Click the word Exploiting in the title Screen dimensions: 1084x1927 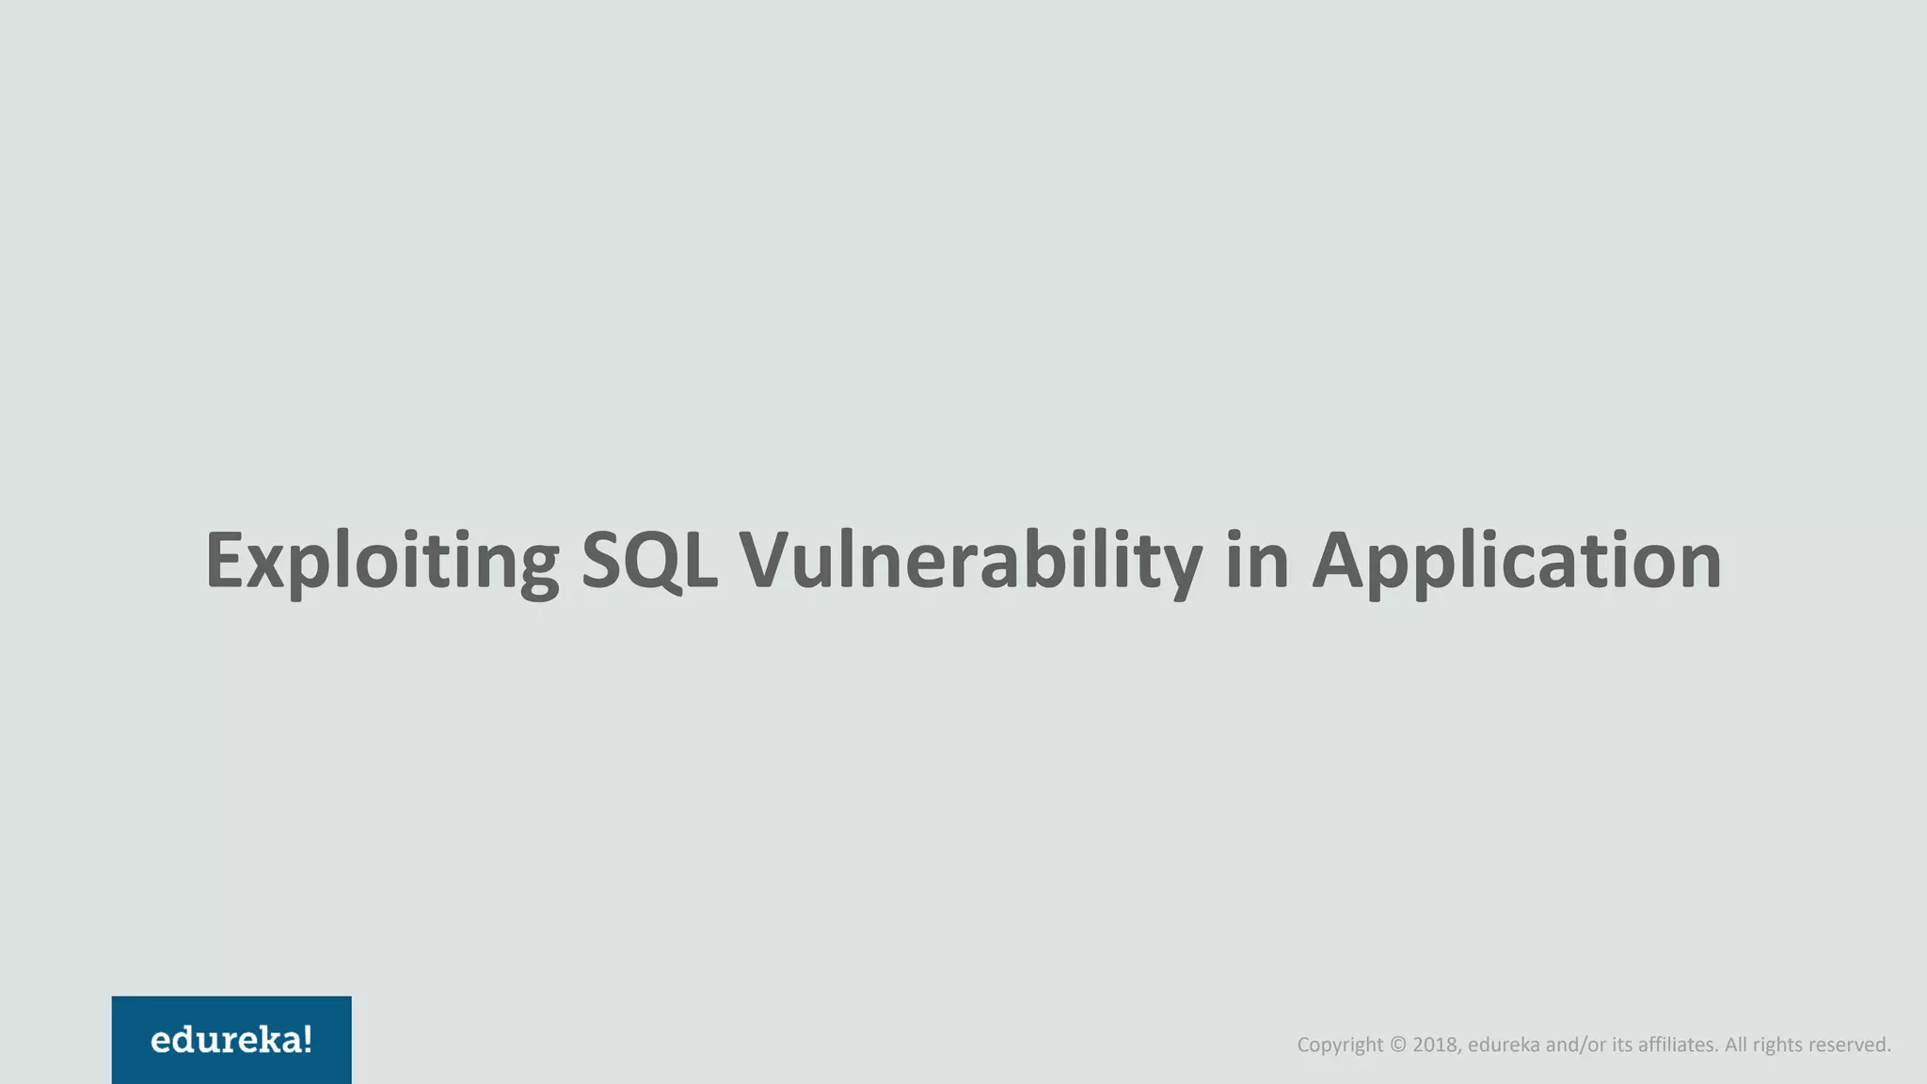382,561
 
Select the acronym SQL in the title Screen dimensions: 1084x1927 649,561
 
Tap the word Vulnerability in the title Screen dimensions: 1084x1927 970,561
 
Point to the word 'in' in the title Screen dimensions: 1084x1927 1257,561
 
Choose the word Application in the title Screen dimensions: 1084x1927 1517,561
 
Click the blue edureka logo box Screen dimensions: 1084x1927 231,1040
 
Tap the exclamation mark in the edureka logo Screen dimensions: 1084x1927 307,1040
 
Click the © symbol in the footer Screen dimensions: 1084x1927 1397,1044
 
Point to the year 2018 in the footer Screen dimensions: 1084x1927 1436,1044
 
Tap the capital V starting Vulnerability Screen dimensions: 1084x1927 765,561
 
